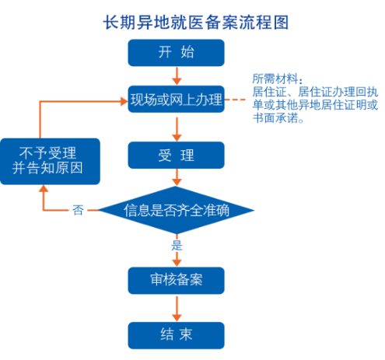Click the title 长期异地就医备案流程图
(196, 23)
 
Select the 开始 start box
(176, 53)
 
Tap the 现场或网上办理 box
(176, 99)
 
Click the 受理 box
(176, 155)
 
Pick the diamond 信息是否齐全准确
(176, 210)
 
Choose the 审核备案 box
(176, 281)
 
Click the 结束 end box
(176, 335)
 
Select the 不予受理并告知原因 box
(50, 161)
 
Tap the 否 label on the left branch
(78, 210)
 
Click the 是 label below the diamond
(177, 245)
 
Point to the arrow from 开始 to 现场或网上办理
(177, 76)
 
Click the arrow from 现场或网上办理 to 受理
(177, 129)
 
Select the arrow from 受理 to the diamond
(177, 177)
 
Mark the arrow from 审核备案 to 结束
(177, 309)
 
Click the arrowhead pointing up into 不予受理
(44, 189)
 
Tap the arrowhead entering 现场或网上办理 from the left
(124, 101)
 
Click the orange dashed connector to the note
(235, 100)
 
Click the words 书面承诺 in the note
(275, 118)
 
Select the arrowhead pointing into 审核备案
(177, 263)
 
